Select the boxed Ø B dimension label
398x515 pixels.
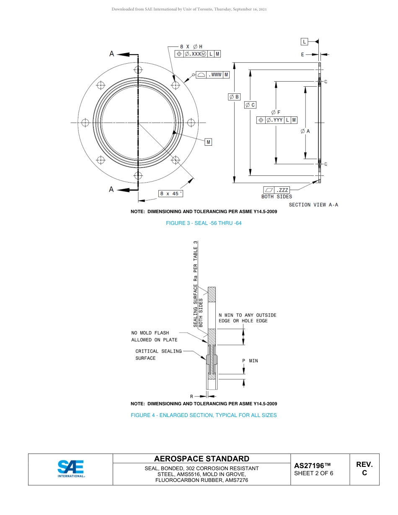234,97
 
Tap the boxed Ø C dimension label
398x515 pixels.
250,105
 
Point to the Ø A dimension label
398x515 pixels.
305,131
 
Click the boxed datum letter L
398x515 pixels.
305,41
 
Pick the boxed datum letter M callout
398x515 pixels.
208,142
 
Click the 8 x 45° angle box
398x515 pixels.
171,193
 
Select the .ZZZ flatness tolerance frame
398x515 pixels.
277,190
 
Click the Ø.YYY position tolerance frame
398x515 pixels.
277,120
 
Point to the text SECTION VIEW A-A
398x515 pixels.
313,205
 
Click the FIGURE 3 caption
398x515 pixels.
204,223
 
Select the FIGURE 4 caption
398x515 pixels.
204,415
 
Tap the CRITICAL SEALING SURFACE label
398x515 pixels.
158,355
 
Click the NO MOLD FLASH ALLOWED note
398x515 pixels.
154,336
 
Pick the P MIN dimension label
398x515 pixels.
250,360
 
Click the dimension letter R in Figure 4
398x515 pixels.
191,396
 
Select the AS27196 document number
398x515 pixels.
312,466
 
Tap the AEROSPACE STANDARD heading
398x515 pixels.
202,459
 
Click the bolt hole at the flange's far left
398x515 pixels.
85,122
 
